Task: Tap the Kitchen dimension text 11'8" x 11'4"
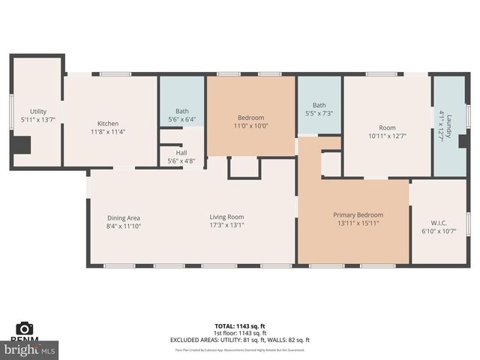click(x=108, y=132)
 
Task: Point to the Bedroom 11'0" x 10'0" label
click(x=250, y=118)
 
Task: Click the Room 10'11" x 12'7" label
click(x=387, y=127)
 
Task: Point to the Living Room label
click(x=226, y=217)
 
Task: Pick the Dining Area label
click(x=124, y=217)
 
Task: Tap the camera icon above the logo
click(x=25, y=328)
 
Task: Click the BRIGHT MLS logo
click(x=30, y=349)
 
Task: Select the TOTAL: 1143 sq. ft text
click(x=240, y=326)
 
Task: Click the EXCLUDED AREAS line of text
click(x=240, y=340)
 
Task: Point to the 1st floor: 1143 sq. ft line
click(x=240, y=333)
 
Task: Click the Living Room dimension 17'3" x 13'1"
click(x=226, y=225)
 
